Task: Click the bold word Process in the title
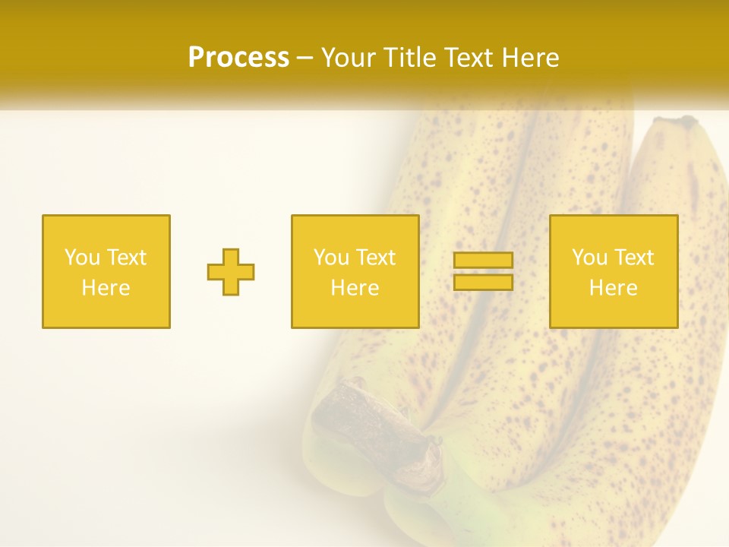(238, 58)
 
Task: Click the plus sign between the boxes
(231, 272)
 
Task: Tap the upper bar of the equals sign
(483, 261)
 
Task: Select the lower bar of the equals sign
(483, 283)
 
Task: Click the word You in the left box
(82, 258)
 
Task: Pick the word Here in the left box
(106, 288)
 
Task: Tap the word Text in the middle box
(376, 258)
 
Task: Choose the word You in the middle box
(331, 258)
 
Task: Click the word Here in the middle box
(355, 288)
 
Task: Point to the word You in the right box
(589, 258)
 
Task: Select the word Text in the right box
(634, 258)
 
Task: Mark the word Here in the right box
(613, 288)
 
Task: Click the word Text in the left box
(127, 258)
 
